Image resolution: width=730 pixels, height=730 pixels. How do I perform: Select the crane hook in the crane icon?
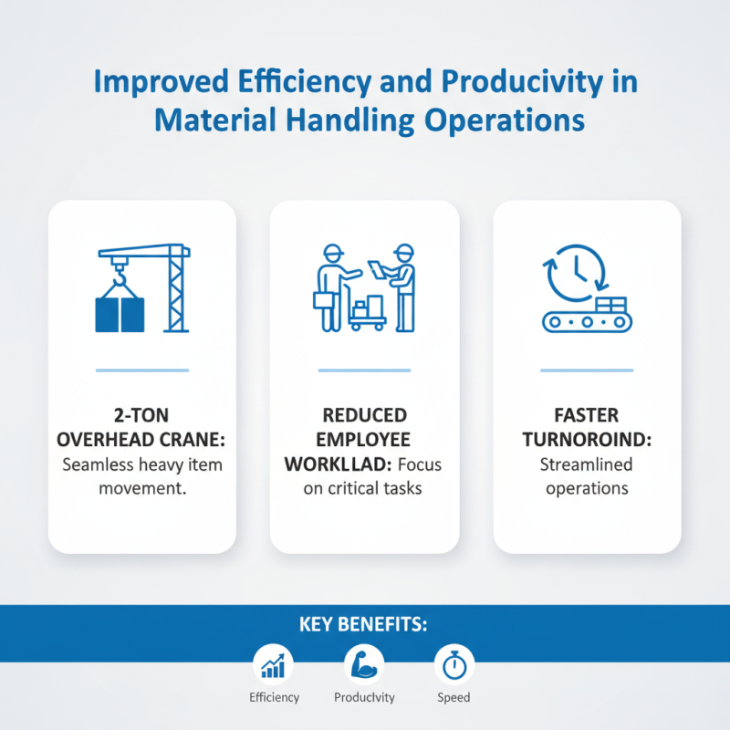coord(118,266)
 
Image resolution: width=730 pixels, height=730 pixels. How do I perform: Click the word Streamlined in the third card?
coord(587,464)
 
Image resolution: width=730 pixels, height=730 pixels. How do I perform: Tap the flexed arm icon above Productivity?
coord(363,665)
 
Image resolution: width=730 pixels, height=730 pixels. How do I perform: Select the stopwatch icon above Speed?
coord(453,665)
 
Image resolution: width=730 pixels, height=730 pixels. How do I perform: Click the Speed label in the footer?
coord(454,697)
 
